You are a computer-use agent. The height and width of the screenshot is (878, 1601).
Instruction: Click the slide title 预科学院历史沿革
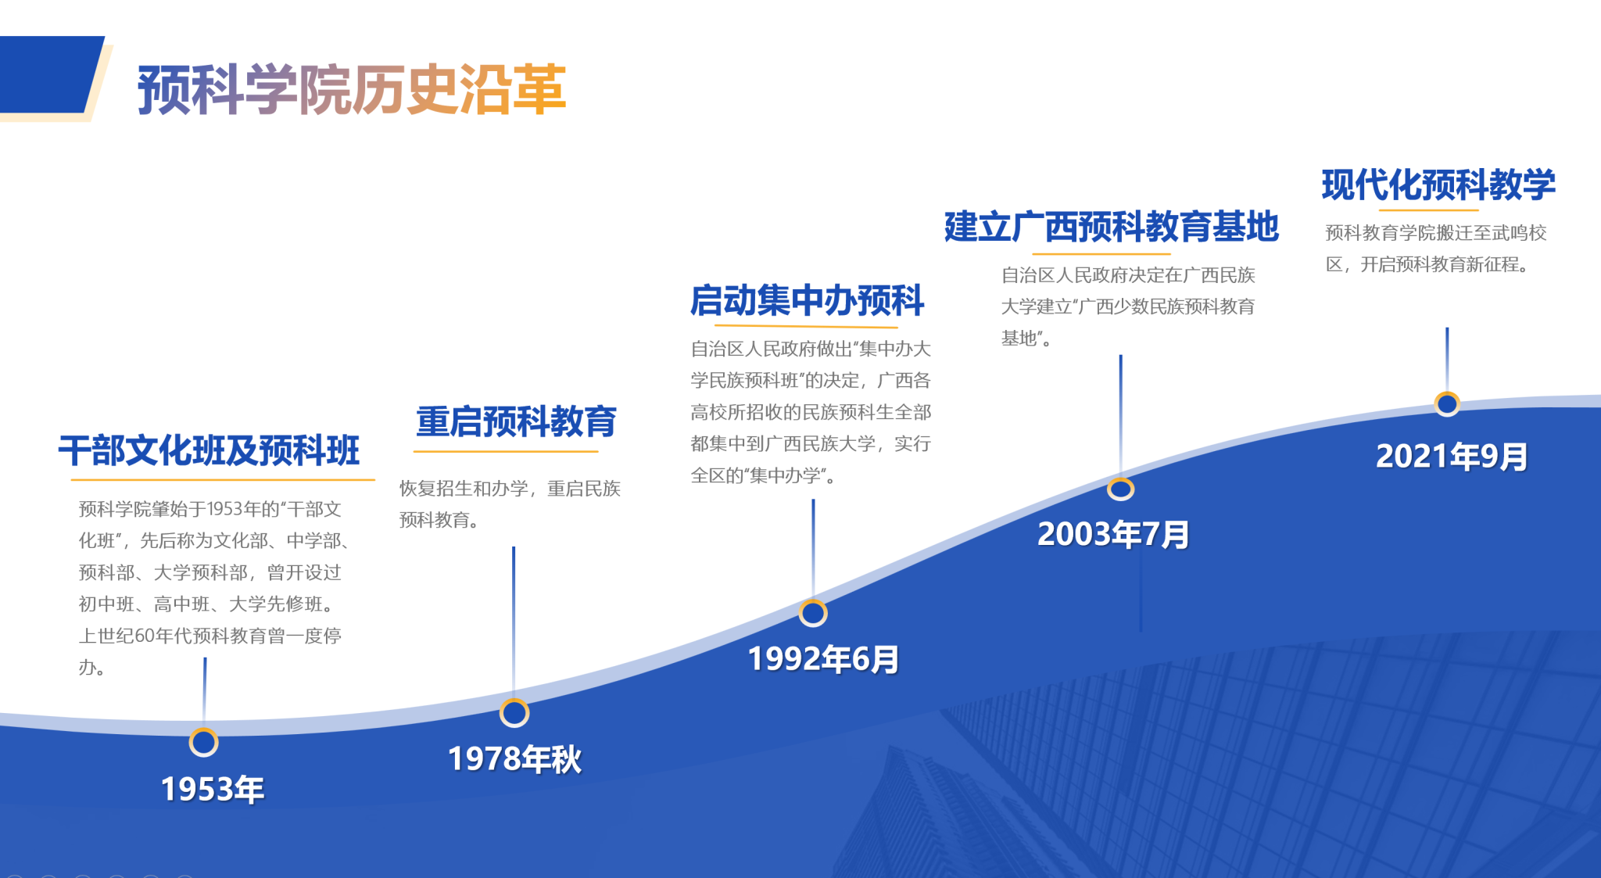pos(352,90)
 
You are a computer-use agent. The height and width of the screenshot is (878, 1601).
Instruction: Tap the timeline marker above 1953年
pos(203,742)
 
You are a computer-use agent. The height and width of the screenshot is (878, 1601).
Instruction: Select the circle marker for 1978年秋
pos(514,712)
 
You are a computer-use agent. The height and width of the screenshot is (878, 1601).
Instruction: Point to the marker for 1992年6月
pos(813,613)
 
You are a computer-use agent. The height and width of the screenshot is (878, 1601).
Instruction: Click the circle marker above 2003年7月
pos(1120,489)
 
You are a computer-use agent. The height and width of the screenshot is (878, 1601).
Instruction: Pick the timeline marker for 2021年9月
pos(1447,403)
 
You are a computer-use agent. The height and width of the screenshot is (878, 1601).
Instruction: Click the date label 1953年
pos(213,789)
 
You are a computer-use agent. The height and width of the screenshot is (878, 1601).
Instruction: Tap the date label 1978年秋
pos(514,758)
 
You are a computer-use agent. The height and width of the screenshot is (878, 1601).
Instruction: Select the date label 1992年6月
pos(823,659)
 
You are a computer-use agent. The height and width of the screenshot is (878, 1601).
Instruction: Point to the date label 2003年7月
pos(1113,535)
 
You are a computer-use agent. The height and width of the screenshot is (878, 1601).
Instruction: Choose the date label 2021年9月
pos(1452,457)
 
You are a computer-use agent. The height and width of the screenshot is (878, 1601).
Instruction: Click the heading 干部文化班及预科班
pos(209,450)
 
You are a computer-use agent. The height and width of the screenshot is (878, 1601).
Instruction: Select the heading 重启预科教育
pos(516,421)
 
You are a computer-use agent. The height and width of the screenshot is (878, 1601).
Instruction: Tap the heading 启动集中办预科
pos(807,300)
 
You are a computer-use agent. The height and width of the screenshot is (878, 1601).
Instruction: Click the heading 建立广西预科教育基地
pos(1111,227)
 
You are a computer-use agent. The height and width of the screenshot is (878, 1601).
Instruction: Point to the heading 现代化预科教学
pos(1438,185)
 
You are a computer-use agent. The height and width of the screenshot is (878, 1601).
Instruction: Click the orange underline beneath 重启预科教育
pos(506,451)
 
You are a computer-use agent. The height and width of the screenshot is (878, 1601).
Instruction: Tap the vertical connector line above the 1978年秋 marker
pos(514,622)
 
